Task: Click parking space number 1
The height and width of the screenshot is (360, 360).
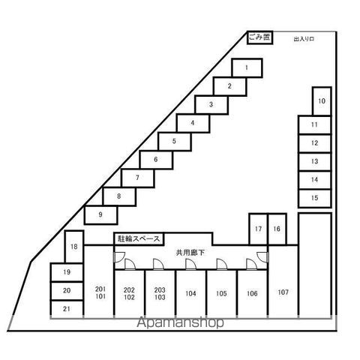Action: (247, 67)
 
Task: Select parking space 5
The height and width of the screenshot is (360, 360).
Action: (174, 141)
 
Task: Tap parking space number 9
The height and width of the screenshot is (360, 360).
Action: (100, 214)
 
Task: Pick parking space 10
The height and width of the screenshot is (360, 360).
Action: (322, 101)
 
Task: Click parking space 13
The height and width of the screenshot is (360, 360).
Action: (315, 161)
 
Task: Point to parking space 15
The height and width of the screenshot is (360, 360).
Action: (315, 198)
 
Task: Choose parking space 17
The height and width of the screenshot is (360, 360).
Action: (258, 229)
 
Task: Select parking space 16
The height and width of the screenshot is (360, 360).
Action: (277, 229)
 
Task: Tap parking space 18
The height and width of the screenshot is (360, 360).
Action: (74, 247)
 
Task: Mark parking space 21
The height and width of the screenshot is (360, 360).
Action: (67, 309)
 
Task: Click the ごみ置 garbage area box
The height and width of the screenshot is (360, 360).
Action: (259, 37)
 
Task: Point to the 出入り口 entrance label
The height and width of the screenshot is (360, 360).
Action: (304, 39)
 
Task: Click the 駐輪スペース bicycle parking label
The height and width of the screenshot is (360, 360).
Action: (139, 239)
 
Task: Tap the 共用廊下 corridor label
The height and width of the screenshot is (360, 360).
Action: (190, 253)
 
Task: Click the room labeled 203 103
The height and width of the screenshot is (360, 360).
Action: (160, 294)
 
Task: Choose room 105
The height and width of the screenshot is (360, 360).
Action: (221, 294)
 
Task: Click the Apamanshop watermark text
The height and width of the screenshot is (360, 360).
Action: (180, 322)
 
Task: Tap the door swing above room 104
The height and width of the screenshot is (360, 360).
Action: (190, 265)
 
